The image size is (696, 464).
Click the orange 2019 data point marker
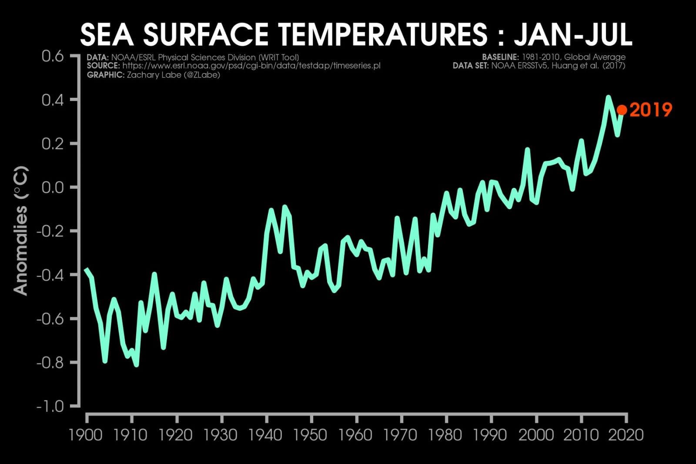622,110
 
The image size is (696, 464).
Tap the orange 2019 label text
651,110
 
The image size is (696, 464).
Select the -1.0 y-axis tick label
50,407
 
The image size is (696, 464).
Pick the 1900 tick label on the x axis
86,434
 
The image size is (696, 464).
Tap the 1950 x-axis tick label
311,434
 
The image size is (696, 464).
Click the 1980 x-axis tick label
445,434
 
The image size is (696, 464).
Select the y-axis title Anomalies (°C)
21,231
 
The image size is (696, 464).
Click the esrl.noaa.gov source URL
251,66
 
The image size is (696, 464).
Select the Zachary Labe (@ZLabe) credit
173,75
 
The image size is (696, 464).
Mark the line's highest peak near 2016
608,97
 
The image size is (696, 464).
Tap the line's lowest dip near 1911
136,364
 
